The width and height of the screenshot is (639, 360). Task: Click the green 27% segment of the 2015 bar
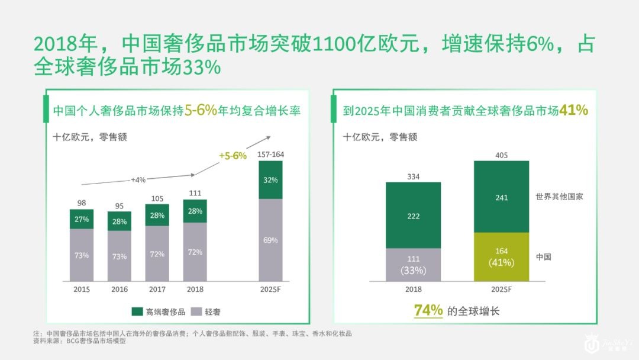click(x=82, y=219)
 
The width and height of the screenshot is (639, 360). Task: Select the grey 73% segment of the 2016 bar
click(x=120, y=256)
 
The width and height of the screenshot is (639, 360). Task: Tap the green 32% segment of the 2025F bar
click(x=270, y=180)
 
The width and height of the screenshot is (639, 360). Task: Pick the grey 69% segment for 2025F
click(x=270, y=240)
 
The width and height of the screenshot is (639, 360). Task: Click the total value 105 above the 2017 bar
click(x=157, y=198)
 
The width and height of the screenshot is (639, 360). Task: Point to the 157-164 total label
click(x=271, y=155)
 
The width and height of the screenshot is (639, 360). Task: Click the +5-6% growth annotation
click(x=233, y=156)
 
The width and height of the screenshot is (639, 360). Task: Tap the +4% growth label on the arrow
click(x=138, y=179)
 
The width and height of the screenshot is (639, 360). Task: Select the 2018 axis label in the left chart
click(x=195, y=290)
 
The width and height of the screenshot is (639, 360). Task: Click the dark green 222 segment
click(x=413, y=216)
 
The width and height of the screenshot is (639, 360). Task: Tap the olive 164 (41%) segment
click(x=501, y=257)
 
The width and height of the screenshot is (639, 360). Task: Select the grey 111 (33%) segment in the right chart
click(x=413, y=265)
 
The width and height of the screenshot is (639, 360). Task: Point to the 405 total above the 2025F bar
click(x=501, y=155)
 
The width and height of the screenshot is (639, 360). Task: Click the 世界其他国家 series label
click(x=559, y=197)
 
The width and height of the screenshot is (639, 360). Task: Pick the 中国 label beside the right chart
click(x=543, y=257)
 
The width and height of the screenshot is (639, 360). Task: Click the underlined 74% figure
click(x=428, y=310)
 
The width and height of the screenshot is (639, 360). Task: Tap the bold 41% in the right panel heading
click(x=573, y=110)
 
